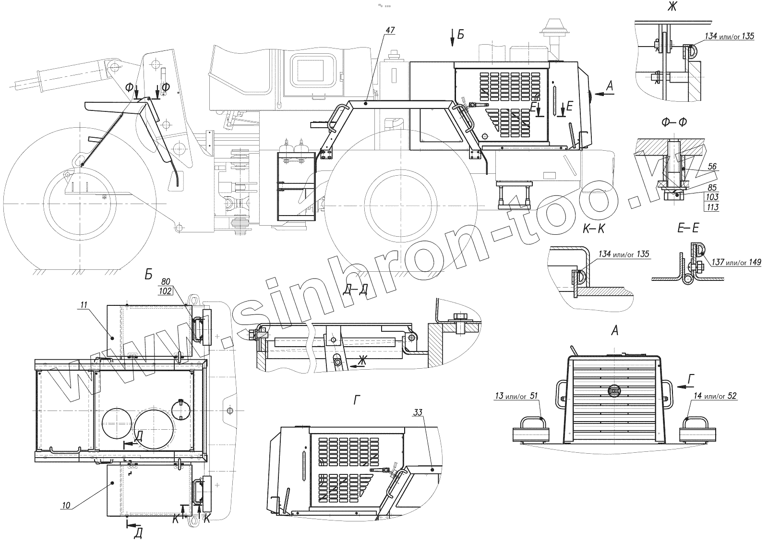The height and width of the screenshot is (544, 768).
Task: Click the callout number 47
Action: pyautogui.click(x=389, y=30)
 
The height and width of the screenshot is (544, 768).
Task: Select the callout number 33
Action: pyautogui.click(x=418, y=412)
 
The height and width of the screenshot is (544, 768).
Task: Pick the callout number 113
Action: pyautogui.click(x=712, y=207)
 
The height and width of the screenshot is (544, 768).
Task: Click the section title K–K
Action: pyautogui.click(x=594, y=229)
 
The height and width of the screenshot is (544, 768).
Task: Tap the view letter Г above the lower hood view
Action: pyautogui.click(x=356, y=401)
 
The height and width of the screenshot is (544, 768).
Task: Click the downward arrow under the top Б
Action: pyautogui.click(x=452, y=41)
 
